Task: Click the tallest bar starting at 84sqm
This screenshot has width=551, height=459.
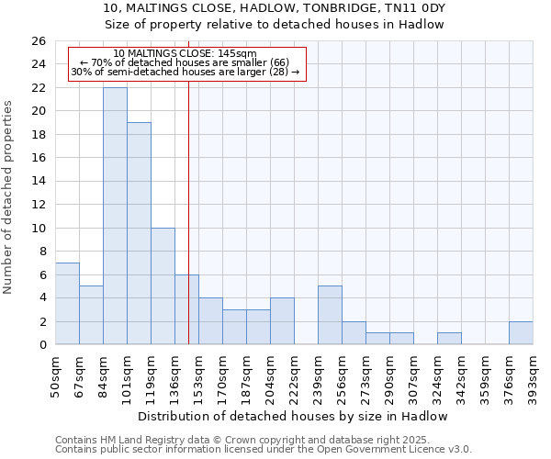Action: (x=115, y=216)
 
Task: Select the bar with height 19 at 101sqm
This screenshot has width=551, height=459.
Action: (x=139, y=233)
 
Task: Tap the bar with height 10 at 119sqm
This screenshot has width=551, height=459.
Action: (x=163, y=285)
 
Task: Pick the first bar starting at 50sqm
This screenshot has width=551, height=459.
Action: (x=67, y=303)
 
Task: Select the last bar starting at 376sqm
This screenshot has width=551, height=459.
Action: (x=521, y=333)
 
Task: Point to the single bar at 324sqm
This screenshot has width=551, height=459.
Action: (x=449, y=339)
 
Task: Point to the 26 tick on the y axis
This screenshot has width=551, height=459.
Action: (x=38, y=41)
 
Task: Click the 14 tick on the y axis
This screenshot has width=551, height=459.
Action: (x=38, y=182)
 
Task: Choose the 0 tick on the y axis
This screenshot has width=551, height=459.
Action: (x=41, y=345)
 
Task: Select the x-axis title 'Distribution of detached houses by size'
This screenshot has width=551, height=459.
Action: (x=293, y=416)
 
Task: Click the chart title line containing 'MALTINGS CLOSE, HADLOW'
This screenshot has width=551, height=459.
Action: (x=275, y=8)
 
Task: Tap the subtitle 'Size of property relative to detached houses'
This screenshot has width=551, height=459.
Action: (x=275, y=25)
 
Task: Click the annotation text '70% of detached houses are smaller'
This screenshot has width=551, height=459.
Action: (x=185, y=62)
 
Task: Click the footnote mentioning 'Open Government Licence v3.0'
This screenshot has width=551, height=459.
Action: (x=264, y=449)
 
